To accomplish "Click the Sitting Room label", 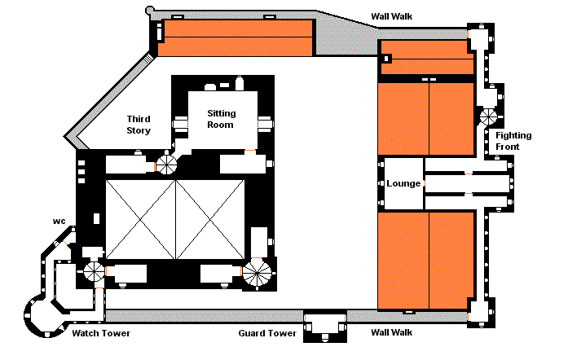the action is pos(221,119).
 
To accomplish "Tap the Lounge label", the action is pos(403,183).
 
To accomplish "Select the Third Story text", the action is pos(139,125).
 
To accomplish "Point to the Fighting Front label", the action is pos(513,141).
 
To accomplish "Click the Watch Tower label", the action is pos(101,333).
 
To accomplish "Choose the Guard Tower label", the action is pos(267,333).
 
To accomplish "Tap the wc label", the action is pos(59,221).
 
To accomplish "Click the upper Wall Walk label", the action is pos(392,16).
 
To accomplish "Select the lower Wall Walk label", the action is pos(392,332).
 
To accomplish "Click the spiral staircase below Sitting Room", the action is pos(166,165).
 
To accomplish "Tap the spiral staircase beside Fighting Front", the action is pos(489,117).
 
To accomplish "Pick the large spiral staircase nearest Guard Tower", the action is pos(257,274).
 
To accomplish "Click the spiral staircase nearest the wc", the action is pos(95,271).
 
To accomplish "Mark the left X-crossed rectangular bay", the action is pos(140,219).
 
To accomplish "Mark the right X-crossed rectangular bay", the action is pos(210,219).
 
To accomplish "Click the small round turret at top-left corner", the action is pos(150,11).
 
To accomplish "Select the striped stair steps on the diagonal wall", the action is pos(149,59).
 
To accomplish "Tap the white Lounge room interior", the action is pos(403,183).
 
